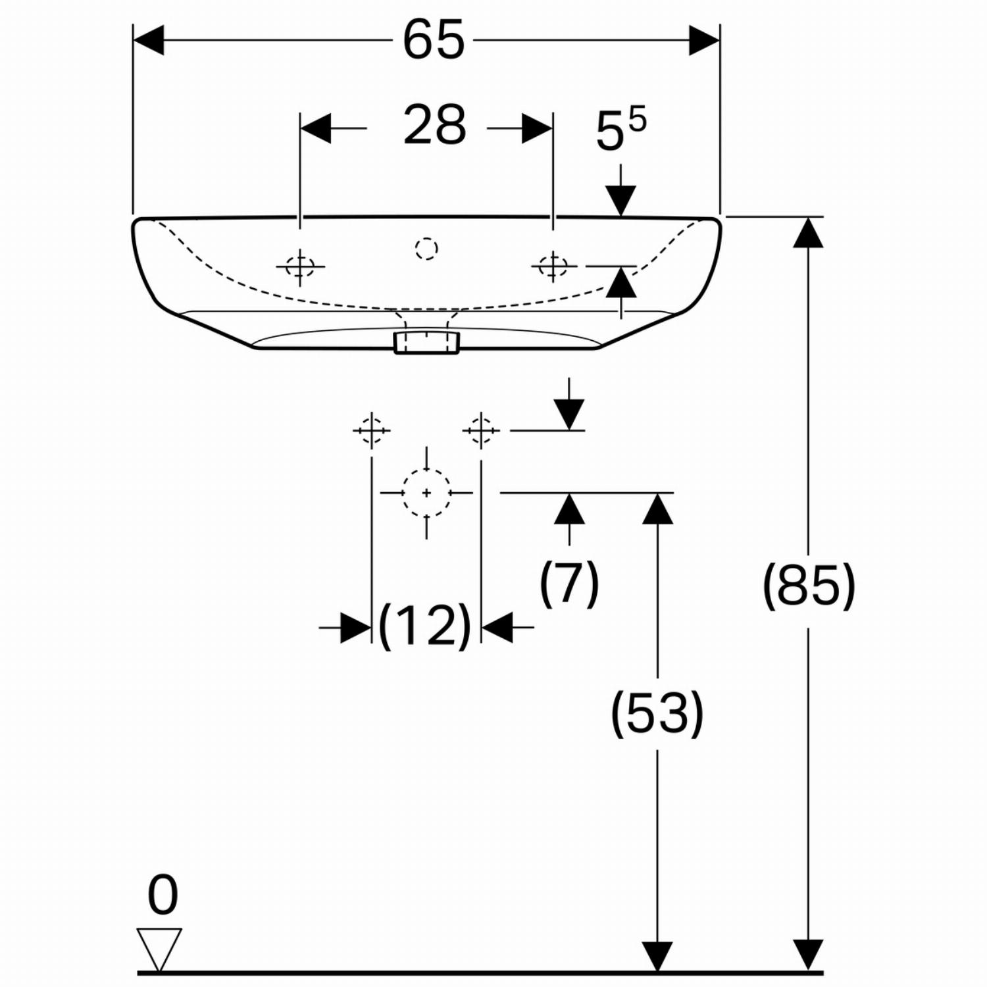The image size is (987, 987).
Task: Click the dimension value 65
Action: point(434,41)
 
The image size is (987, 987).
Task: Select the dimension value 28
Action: point(435,125)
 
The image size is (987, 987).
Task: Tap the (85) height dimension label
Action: point(809,585)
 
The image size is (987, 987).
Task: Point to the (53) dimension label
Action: point(657,713)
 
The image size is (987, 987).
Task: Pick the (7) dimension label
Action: point(569,582)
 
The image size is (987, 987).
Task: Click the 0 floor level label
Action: point(163,896)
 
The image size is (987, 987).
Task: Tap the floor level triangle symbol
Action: point(159,948)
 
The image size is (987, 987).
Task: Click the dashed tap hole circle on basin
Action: point(426,248)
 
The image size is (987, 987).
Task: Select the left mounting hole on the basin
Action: point(300,266)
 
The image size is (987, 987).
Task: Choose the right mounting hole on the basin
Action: point(553,266)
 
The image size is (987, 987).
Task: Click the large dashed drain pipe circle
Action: point(427,493)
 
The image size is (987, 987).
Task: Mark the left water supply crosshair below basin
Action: point(372,430)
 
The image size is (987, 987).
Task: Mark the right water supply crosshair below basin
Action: point(482,430)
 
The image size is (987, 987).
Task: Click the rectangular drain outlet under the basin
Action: point(426,343)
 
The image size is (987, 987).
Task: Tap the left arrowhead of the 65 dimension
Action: point(148,41)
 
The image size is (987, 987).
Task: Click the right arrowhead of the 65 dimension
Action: point(704,41)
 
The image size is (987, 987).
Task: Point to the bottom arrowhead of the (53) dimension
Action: point(657,956)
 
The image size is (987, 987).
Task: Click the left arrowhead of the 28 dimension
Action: point(315,128)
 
